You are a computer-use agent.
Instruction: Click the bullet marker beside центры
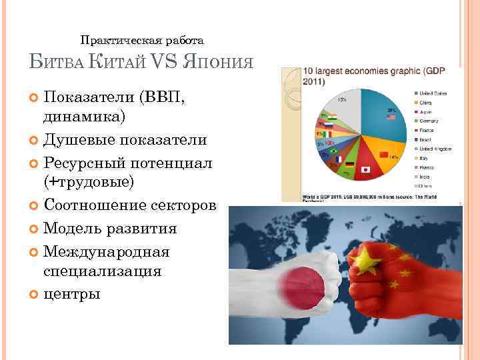click(34, 293)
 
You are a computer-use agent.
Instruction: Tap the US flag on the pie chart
click(391, 118)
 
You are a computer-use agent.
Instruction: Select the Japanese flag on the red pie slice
click(365, 169)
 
